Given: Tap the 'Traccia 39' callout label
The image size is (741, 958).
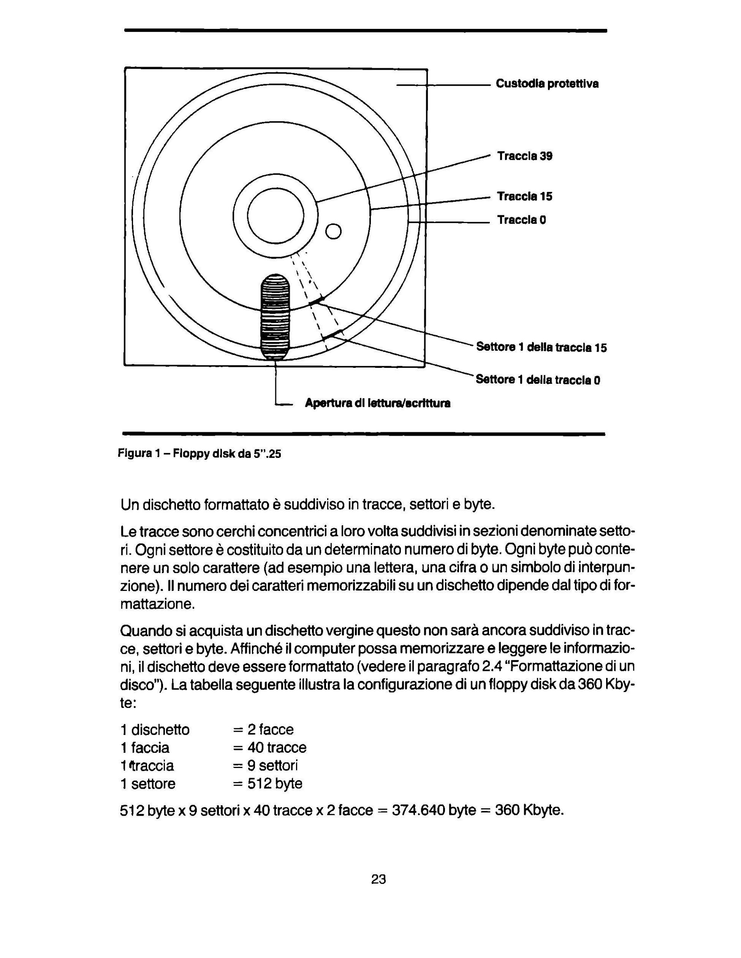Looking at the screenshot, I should (524, 156).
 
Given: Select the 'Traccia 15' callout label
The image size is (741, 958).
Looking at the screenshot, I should (524, 196).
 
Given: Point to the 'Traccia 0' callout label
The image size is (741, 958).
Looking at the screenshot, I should (521, 220).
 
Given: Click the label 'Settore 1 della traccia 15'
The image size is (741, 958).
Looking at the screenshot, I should (541, 347).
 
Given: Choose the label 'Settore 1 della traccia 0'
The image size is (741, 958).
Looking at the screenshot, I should (538, 379).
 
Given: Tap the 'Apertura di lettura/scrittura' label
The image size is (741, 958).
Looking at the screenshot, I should (377, 403).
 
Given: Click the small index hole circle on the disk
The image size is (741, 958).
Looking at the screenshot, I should (333, 231).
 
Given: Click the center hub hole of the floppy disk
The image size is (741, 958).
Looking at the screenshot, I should (276, 216).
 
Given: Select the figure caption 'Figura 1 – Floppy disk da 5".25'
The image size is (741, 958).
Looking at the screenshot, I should (199, 453).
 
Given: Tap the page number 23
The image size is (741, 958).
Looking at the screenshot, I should (378, 879).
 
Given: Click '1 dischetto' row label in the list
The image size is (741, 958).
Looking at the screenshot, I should (155, 729).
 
